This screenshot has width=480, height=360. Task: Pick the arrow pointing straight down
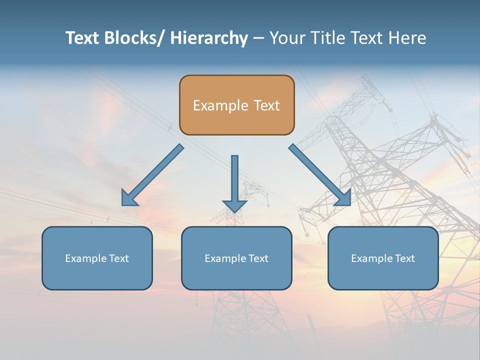point(234,180)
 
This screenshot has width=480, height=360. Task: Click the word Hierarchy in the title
point(209,38)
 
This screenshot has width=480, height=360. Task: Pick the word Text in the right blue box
point(404,258)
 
